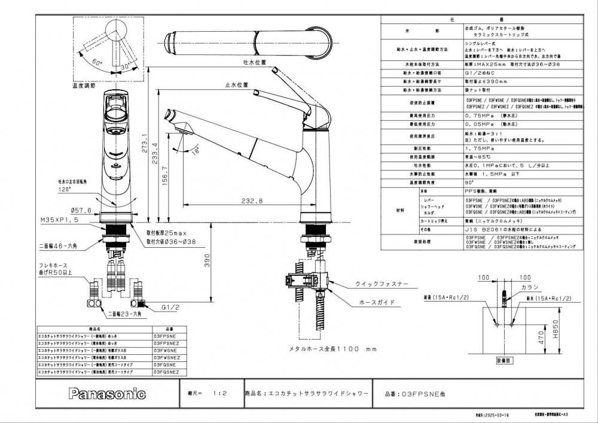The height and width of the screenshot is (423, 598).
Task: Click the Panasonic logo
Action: [x=107, y=394]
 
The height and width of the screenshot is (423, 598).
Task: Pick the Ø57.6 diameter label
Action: [x=80, y=210]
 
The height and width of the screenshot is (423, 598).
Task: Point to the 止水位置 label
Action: [x=236, y=86]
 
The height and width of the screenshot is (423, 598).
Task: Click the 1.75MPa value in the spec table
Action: [x=480, y=148]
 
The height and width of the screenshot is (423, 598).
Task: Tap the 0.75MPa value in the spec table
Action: [x=480, y=115]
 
